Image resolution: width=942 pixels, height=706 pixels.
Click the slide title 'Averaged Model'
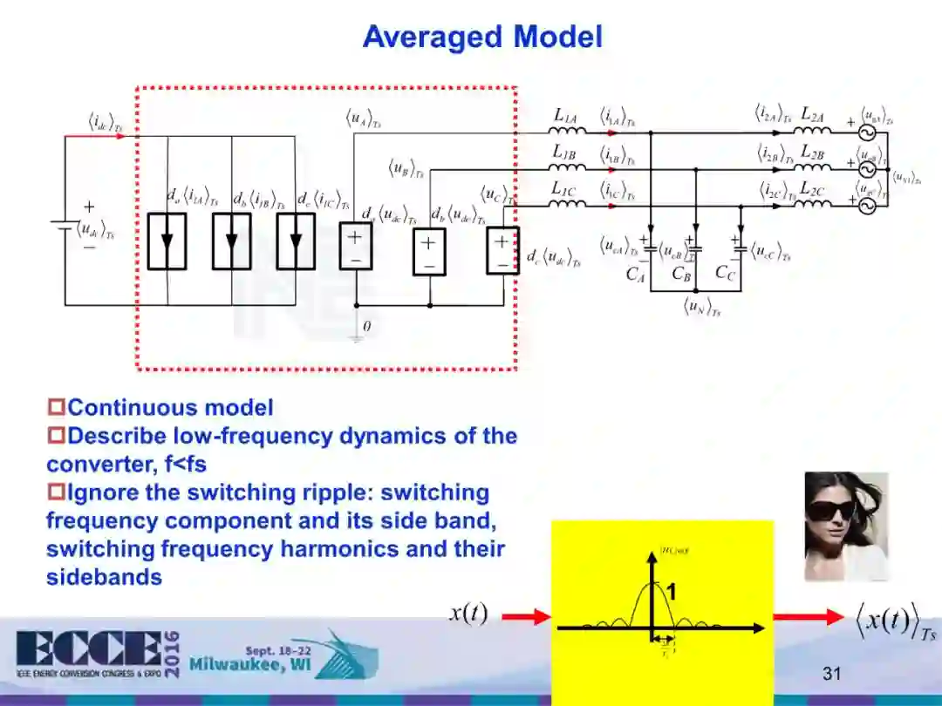pyautogui.click(x=481, y=37)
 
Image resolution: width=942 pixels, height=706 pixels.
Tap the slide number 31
pyautogui.click(x=831, y=673)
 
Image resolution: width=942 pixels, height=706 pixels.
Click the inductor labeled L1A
pyautogui.click(x=568, y=132)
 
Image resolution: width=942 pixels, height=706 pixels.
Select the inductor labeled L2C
pyautogui.click(x=812, y=206)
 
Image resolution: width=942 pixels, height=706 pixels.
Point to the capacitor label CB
pyautogui.click(x=681, y=274)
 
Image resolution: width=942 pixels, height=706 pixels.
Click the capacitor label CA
pyautogui.click(x=635, y=275)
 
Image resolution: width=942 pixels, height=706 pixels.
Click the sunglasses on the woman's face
pyautogui.click(x=830, y=510)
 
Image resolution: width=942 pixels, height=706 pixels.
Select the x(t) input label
pyautogui.click(x=468, y=614)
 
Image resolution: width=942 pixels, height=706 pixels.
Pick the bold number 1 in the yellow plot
pyautogui.click(x=672, y=594)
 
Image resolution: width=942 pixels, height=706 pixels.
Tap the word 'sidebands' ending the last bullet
pyautogui.click(x=104, y=577)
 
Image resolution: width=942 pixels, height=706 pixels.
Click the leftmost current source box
pyautogui.click(x=167, y=241)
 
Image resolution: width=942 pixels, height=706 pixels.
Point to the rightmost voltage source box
pyautogui.click(x=502, y=251)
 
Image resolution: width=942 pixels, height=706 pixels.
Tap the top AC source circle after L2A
pyautogui.click(x=867, y=132)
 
